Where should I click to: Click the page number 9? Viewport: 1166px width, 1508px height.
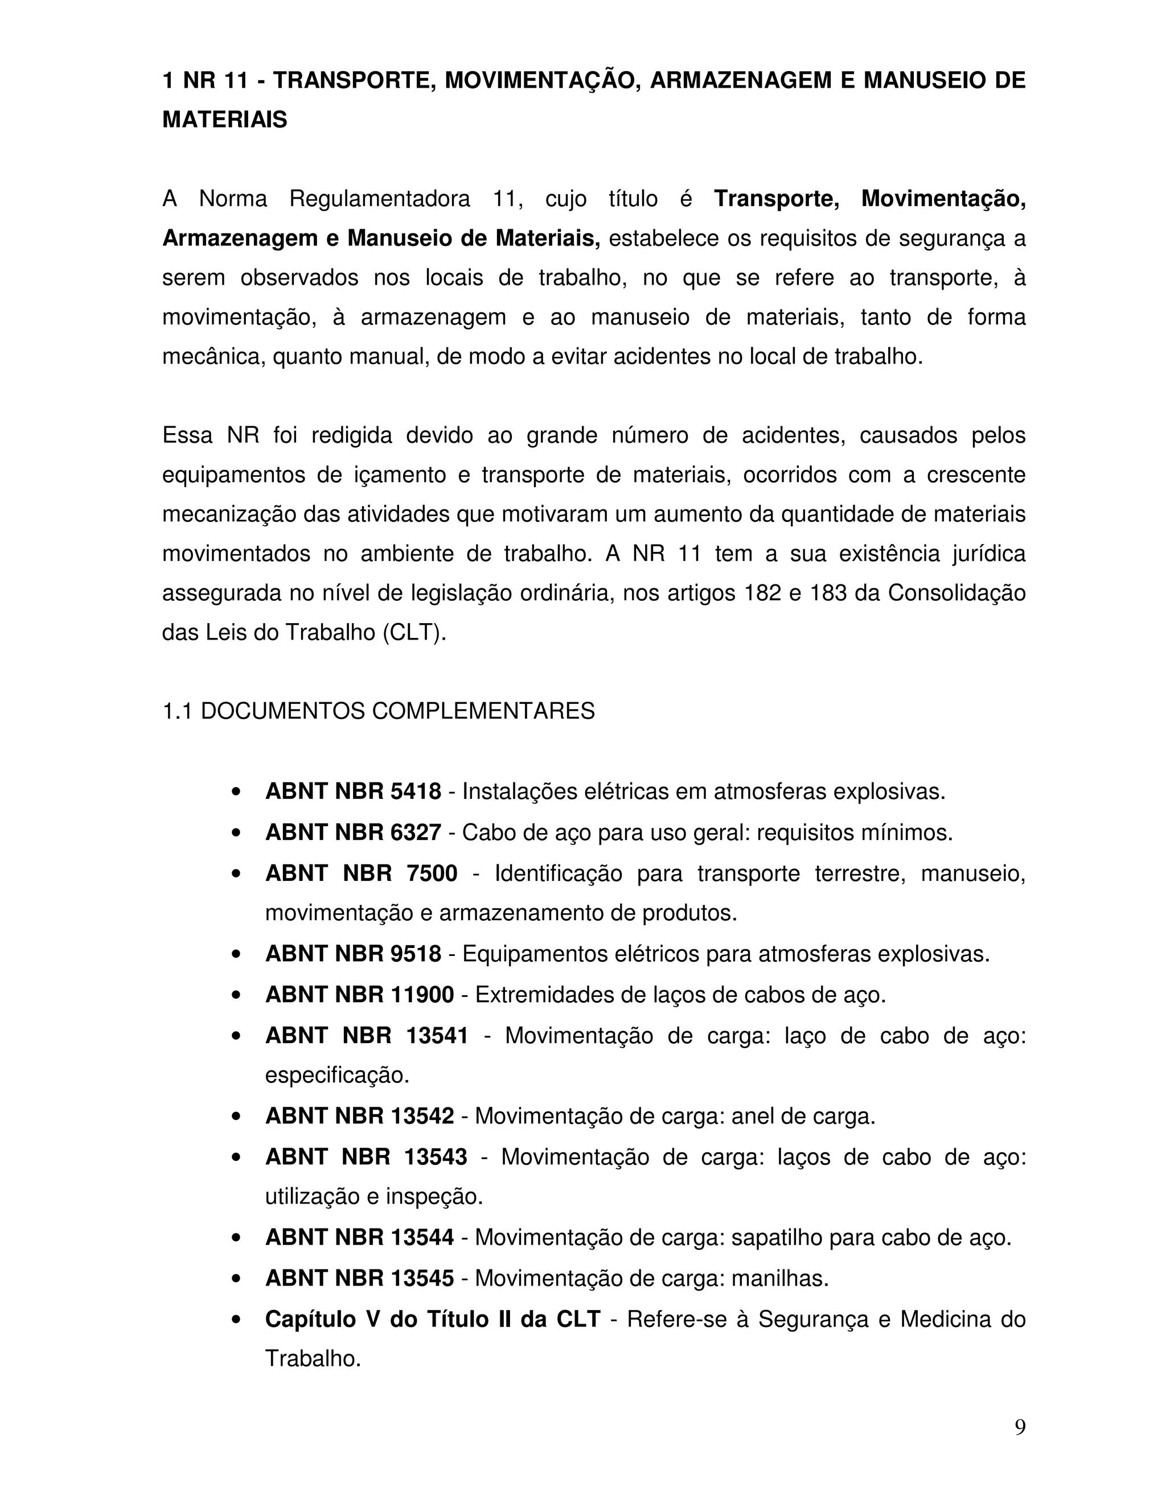[x=1020, y=1427]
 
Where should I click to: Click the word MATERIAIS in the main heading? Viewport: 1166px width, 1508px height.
[x=224, y=120]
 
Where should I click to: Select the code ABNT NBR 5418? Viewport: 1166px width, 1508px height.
[x=353, y=792]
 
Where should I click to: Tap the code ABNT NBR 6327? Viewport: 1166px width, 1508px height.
[x=353, y=833]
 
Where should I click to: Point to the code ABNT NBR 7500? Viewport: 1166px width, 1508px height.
[x=360, y=874]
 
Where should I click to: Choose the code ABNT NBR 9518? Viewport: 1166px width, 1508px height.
[x=353, y=954]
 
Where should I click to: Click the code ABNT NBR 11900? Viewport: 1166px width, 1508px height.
[x=359, y=995]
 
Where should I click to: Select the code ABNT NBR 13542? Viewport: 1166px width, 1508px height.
[x=359, y=1116]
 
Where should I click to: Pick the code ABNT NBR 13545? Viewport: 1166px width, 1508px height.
[x=359, y=1279]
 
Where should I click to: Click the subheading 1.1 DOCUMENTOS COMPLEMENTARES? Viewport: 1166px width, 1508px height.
[x=378, y=711]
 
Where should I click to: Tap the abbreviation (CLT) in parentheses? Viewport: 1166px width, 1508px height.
[x=414, y=633]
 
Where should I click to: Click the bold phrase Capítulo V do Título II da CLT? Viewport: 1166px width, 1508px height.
[x=433, y=1320]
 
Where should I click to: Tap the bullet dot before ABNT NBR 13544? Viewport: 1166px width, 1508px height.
[x=237, y=1239]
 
